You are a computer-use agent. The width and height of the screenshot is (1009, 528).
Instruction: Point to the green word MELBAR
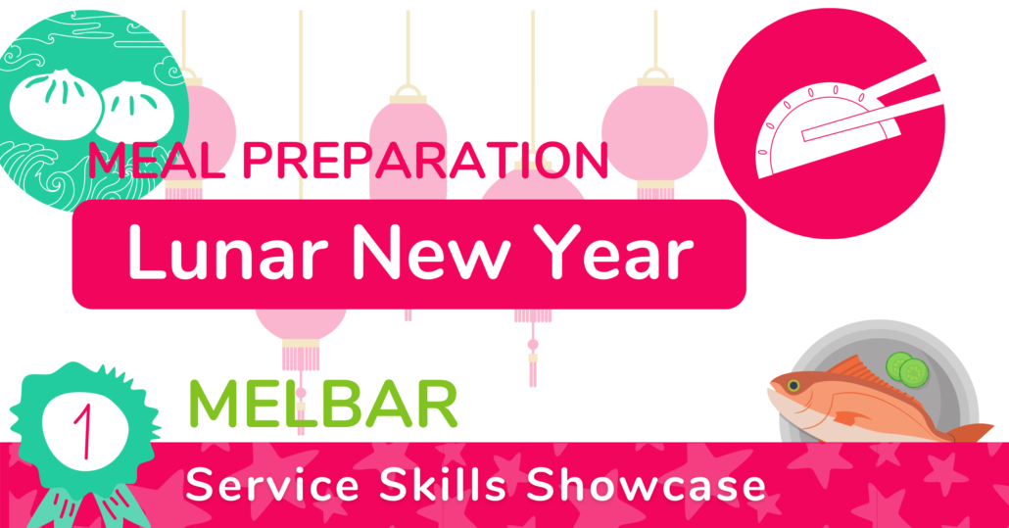coord(323,404)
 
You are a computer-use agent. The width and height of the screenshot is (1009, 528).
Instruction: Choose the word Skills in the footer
coord(443,485)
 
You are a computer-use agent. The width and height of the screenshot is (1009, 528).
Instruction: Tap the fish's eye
coord(793,386)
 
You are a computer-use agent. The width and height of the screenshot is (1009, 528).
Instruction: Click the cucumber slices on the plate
coord(907,369)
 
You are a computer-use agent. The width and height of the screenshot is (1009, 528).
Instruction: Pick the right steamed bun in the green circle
coord(136,111)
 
